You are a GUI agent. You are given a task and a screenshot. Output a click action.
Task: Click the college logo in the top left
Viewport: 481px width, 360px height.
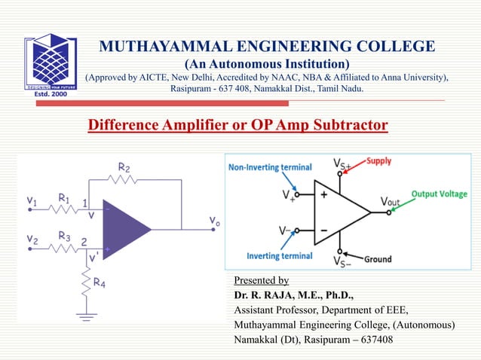(50, 65)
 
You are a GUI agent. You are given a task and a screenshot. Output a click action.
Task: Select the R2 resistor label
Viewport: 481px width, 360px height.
(124, 167)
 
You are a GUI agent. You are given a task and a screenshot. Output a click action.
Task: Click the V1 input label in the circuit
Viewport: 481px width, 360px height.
(32, 201)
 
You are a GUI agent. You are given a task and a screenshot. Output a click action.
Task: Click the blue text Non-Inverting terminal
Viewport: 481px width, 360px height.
(270, 167)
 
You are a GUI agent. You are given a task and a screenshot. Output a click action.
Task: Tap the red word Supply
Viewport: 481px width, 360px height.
(380, 161)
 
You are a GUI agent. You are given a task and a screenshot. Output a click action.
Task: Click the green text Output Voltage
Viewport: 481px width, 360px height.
(439, 194)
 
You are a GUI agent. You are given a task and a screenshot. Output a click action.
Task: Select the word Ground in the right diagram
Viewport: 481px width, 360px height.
(378, 259)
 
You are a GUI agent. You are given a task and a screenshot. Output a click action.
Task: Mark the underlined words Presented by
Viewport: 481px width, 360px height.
(262, 280)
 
